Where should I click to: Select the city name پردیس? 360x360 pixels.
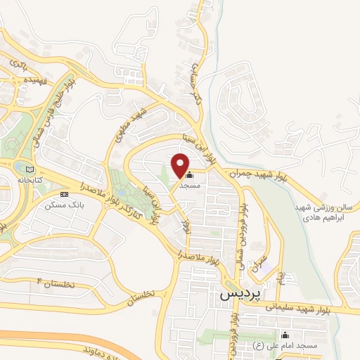235,295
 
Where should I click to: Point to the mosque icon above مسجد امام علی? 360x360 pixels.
285,335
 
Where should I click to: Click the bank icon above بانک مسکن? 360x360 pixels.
64,194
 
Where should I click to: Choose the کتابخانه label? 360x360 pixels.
30,180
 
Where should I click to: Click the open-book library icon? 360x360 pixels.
29,169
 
